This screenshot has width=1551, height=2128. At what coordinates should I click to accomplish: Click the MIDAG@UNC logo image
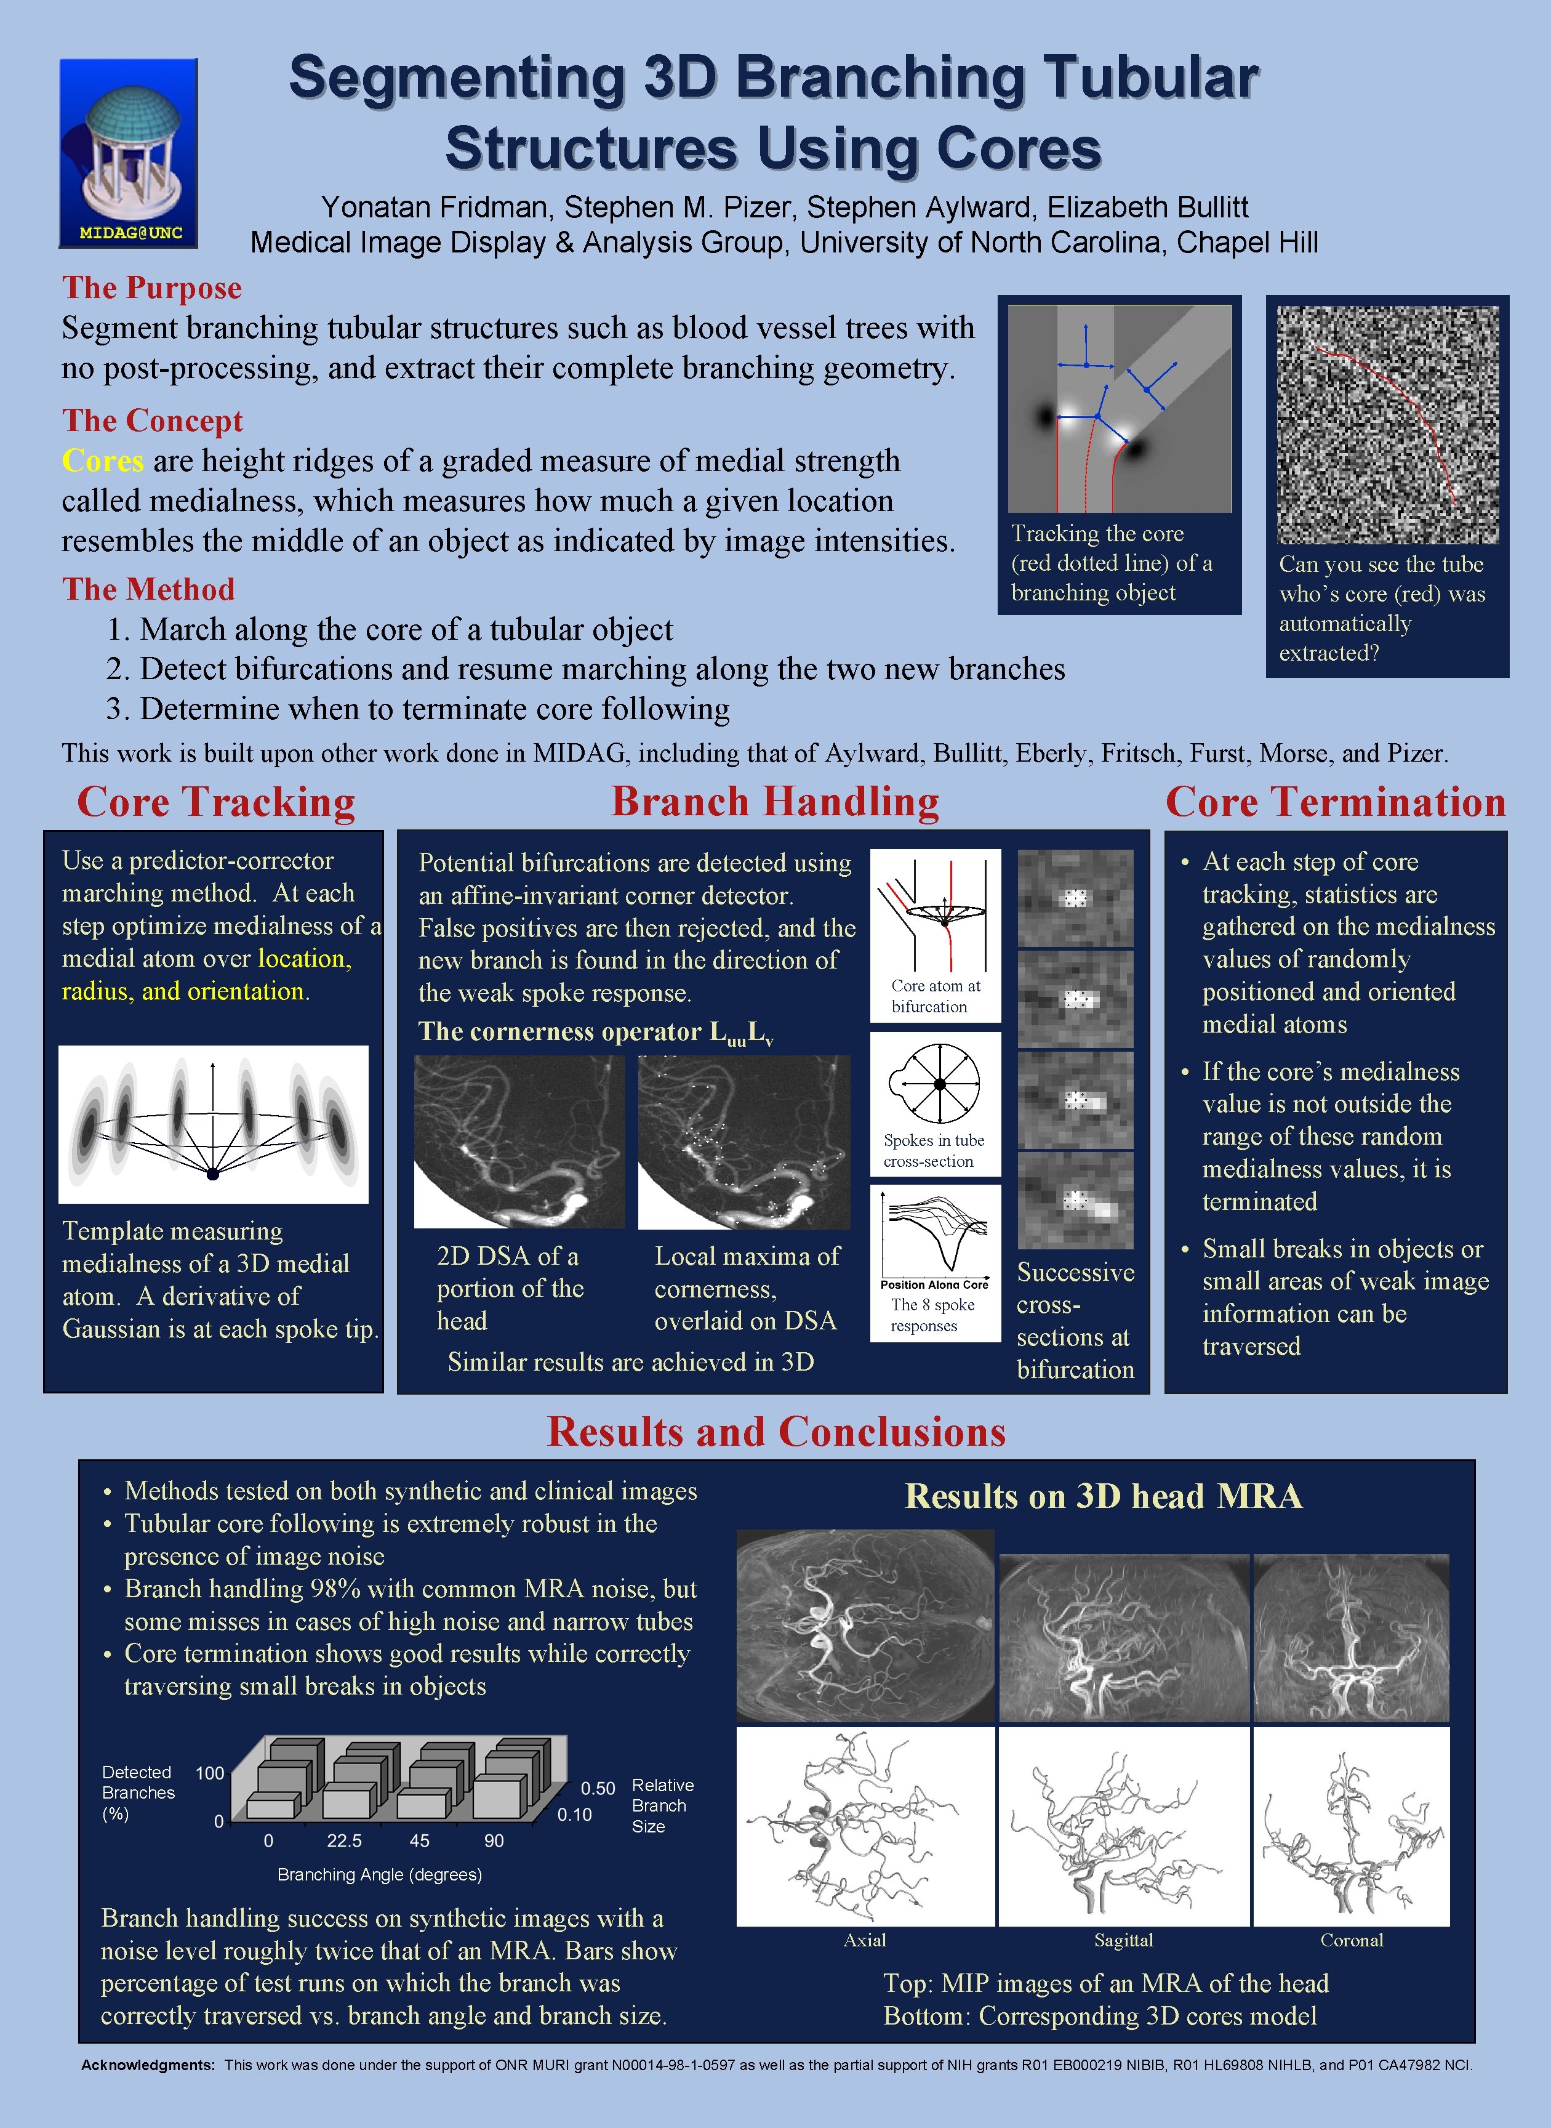click(x=129, y=153)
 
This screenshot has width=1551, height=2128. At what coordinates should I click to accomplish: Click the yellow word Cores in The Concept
click(x=102, y=461)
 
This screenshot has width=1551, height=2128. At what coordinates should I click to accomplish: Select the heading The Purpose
click(x=152, y=288)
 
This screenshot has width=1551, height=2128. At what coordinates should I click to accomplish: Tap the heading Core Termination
click(x=1335, y=802)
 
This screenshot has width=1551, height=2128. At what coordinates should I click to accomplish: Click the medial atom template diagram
click(x=213, y=1124)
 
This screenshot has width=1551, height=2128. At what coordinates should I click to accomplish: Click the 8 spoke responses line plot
click(x=935, y=1231)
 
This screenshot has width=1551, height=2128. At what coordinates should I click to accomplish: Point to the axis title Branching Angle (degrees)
click(x=379, y=1874)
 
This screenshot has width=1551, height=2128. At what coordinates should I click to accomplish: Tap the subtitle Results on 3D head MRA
click(x=1103, y=1496)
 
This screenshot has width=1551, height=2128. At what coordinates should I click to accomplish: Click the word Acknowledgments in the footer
click(x=147, y=2065)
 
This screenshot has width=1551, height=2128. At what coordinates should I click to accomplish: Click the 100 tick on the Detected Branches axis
click(x=209, y=1773)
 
